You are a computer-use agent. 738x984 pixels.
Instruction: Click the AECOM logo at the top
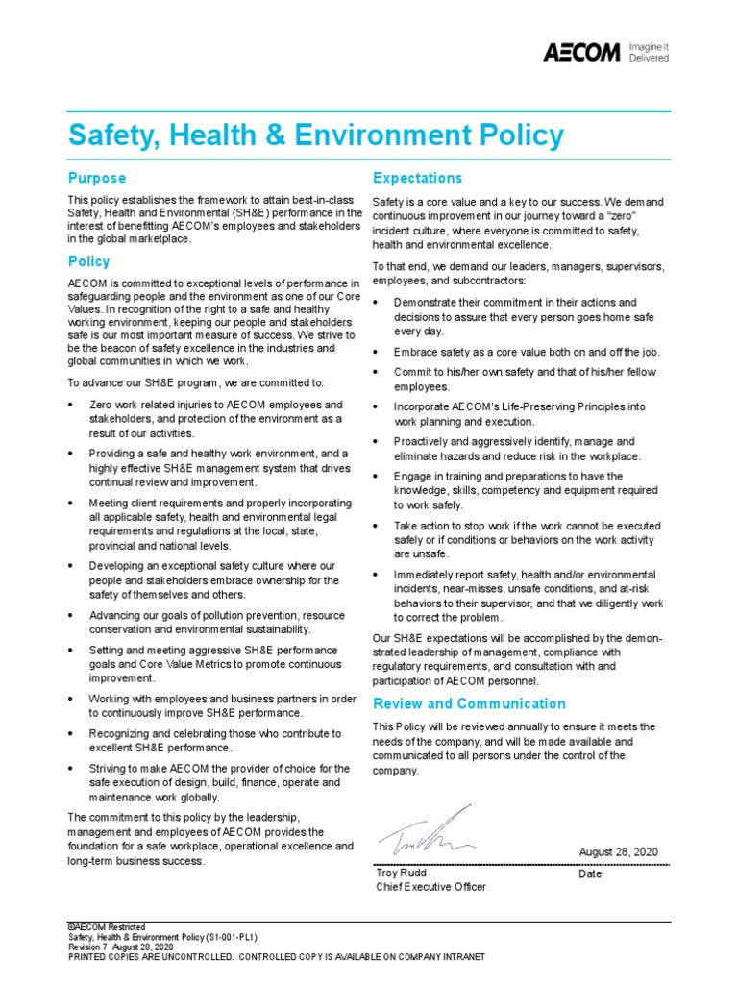tap(582, 52)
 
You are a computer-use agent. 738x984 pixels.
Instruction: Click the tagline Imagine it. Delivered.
tap(649, 52)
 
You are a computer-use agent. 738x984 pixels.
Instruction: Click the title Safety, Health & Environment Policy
tap(316, 135)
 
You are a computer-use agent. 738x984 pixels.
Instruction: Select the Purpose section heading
tap(97, 178)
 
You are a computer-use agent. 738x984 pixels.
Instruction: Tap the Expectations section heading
tap(417, 178)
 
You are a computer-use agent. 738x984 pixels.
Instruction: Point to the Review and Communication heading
tap(469, 703)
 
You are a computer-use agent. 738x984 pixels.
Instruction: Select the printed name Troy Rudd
tap(401, 873)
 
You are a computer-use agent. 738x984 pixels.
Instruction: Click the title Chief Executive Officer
tap(430, 887)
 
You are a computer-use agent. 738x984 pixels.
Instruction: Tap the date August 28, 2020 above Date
tap(619, 852)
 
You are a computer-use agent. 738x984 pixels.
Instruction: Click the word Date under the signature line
tap(590, 873)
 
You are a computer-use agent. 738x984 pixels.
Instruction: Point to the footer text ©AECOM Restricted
tap(104, 925)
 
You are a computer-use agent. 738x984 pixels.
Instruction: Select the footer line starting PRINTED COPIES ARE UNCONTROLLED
tap(277, 957)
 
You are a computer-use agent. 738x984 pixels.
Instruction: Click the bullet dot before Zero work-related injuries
tap(72, 406)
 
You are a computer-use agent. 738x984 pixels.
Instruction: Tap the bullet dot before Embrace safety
tap(378, 352)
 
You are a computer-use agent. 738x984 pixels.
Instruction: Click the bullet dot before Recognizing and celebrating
tap(72, 734)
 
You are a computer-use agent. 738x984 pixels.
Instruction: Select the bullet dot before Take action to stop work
tap(378, 527)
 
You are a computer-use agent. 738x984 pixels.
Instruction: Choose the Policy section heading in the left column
tap(89, 261)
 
